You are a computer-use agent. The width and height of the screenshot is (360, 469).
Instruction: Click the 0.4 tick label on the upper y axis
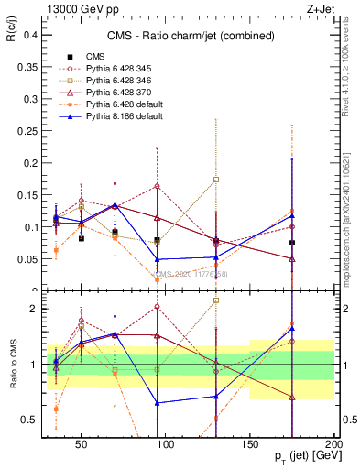[30, 35]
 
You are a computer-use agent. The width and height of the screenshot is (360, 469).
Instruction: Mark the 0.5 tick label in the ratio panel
[30, 420]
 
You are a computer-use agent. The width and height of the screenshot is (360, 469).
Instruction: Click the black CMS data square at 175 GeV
[291, 243]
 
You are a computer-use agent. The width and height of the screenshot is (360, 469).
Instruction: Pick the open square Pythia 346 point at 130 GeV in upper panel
[216, 180]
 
